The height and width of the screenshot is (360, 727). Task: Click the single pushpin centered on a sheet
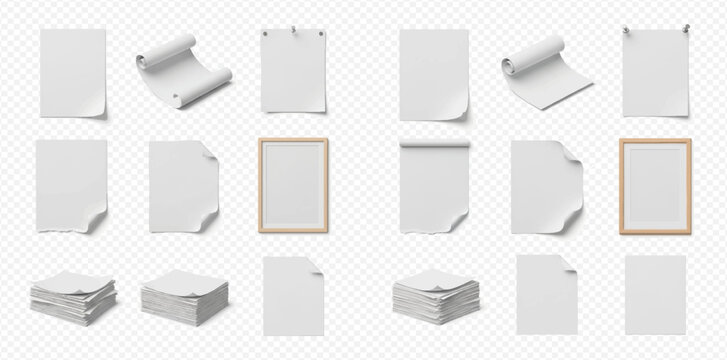293,30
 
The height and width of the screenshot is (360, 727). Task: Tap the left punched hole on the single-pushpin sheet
267,34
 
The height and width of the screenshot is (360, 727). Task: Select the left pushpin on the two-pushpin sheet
626,29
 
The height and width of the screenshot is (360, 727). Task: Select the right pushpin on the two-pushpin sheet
686,29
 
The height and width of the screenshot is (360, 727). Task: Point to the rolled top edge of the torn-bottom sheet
434,144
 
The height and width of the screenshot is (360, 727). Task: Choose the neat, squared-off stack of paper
184,297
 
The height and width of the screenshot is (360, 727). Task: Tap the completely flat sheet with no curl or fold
655,294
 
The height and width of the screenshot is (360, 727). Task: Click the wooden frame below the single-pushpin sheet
293,185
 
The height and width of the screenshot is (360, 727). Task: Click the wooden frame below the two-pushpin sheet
655,185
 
